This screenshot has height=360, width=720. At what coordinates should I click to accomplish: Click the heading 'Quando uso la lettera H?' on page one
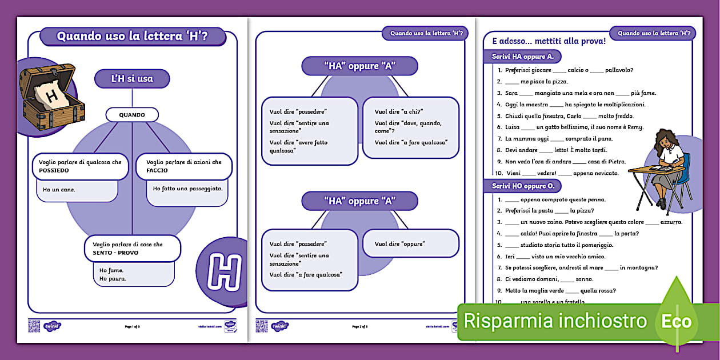click(132, 37)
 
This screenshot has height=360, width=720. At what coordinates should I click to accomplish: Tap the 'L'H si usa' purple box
click(132, 79)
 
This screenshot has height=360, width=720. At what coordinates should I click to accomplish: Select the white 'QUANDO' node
click(132, 115)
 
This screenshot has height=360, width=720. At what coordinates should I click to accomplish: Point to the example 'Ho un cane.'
click(59, 190)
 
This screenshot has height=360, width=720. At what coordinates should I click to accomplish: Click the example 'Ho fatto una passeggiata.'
click(187, 188)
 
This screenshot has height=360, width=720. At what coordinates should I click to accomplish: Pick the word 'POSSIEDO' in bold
click(54, 171)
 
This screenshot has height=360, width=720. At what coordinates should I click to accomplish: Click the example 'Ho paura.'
click(113, 279)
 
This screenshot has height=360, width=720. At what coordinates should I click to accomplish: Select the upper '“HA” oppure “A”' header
click(359, 66)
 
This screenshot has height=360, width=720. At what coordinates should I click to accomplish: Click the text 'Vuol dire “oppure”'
click(400, 244)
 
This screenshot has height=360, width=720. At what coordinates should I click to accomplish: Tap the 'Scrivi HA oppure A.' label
click(522, 57)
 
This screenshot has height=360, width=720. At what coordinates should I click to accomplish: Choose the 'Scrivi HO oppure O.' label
click(522, 186)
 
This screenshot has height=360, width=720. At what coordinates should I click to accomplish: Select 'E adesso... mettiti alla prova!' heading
click(544, 41)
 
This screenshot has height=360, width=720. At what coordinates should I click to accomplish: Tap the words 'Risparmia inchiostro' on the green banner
click(555, 321)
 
